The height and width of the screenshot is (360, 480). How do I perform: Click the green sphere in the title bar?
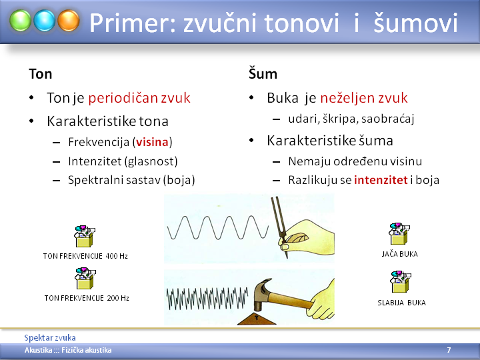[x=20, y=21]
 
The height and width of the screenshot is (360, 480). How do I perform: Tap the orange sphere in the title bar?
[x=69, y=21]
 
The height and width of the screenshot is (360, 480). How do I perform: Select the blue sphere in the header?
[x=45, y=21]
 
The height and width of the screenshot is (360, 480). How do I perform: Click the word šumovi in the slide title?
[x=415, y=23]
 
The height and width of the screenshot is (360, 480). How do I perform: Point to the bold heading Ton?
[x=41, y=74]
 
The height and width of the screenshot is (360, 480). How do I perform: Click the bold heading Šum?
[x=263, y=74]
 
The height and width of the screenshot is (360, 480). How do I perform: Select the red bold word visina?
[x=152, y=142]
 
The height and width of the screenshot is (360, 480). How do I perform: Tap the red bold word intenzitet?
[x=381, y=180]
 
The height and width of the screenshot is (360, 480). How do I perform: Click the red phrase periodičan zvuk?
[x=139, y=98]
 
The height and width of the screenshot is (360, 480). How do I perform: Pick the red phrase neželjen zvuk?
[x=364, y=98]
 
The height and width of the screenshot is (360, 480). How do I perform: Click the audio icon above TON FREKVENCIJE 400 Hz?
[x=85, y=236]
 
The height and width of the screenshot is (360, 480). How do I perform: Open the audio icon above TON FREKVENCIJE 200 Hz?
[x=85, y=278]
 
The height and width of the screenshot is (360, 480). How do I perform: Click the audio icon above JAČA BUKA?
[x=399, y=234]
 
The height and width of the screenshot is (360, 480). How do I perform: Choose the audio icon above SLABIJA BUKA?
[x=401, y=281]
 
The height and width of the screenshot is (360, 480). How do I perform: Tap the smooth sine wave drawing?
[x=217, y=227]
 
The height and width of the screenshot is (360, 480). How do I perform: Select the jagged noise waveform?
[x=207, y=298]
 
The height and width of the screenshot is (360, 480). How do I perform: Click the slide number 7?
[x=449, y=350]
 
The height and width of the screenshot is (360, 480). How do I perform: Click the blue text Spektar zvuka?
[x=50, y=337]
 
